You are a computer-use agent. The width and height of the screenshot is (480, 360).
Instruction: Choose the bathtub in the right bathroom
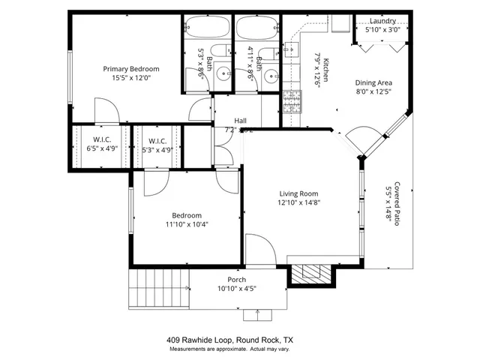(x=257, y=28)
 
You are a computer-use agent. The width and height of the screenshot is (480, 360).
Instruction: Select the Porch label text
(x=237, y=280)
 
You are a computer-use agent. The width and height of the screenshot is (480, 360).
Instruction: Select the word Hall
(x=240, y=120)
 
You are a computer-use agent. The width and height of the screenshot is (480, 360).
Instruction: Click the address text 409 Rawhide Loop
(x=201, y=340)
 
